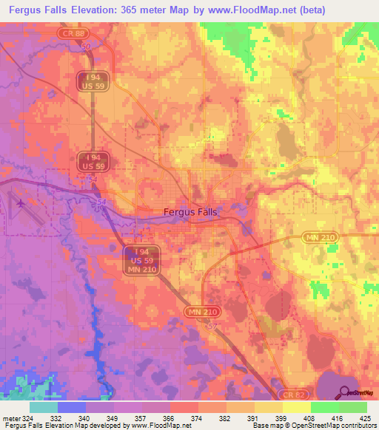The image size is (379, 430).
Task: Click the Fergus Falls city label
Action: point(190,211)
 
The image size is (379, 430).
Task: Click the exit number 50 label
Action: point(86,47)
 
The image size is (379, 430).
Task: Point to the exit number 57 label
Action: point(214,324)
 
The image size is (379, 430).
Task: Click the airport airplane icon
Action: point(19,202)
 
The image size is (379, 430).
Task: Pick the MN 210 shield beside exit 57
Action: point(201,313)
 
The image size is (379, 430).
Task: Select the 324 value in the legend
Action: point(26,417)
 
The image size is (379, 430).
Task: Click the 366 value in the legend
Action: point(170,417)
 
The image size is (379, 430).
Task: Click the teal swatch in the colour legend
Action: point(44,407)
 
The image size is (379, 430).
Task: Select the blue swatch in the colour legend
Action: point(72,407)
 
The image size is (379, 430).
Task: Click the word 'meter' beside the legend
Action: point(10,417)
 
